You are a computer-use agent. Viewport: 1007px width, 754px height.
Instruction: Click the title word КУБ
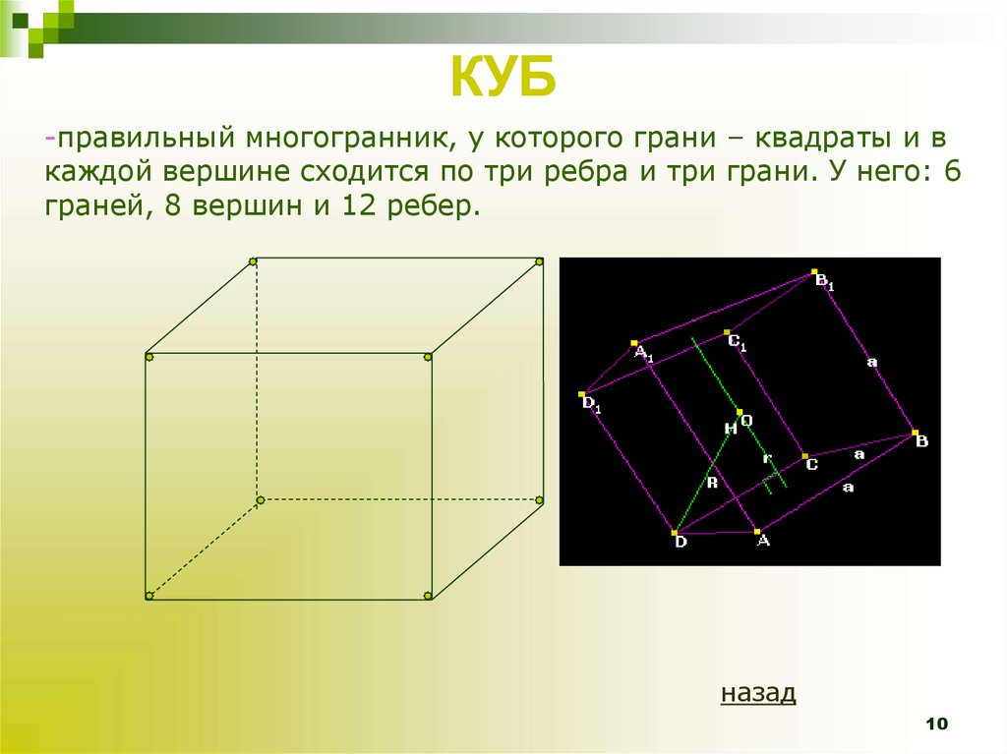pyautogui.click(x=503, y=78)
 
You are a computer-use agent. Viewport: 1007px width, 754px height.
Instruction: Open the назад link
pyautogui.click(x=758, y=693)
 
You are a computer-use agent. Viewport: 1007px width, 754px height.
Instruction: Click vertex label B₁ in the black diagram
pyautogui.click(x=825, y=282)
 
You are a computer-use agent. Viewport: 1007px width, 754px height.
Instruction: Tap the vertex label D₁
pyautogui.click(x=591, y=403)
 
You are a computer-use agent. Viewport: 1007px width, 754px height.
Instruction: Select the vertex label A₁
pyautogui.click(x=643, y=353)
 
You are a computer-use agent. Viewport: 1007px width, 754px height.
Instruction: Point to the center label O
pyautogui.click(x=746, y=420)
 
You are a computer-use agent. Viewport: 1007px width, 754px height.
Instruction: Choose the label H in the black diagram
pyautogui.click(x=729, y=429)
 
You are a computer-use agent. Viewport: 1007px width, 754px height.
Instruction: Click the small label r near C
pyautogui.click(x=767, y=459)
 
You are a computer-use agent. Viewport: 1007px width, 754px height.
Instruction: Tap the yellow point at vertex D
pyautogui.click(x=675, y=532)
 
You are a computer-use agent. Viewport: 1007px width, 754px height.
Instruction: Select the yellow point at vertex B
pyautogui.click(x=914, y=434)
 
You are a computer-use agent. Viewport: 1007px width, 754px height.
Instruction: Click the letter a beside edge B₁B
pyautogui.click(x=871, y=362)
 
